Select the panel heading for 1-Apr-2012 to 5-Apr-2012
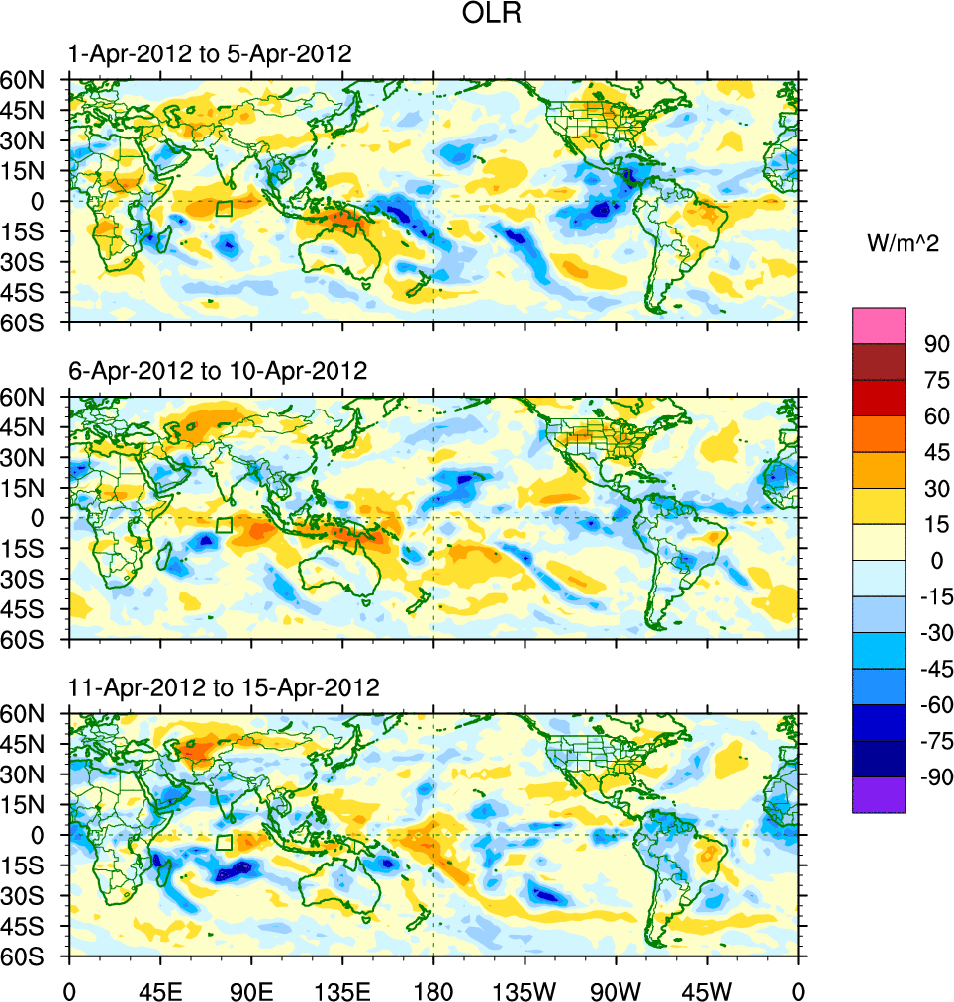click(x=210, y=54)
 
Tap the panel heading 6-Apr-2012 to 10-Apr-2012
click(x=218, y=371)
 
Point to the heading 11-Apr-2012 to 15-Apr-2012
click(x=225, y=687)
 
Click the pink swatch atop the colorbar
click(x=879, y=324)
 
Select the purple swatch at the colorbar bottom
click(x=879, y=795)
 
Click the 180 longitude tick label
click(x=433, y=989)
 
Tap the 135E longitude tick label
click(x=342, y=989)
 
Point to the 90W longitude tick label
click(x=616, y=989)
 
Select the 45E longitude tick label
click(x=160, y=989)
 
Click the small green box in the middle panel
click(x=224, y=525)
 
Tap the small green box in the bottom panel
click(x=224, y=842)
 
